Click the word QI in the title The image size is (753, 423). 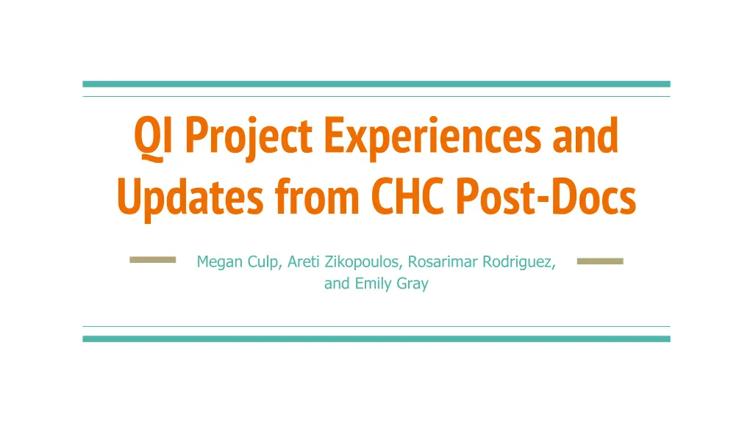pos(153,137)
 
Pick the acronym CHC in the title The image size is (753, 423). pos(407,196)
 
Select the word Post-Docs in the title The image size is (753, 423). pos(546,196)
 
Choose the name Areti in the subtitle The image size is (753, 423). pos(304,261)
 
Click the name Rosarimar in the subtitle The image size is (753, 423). pos(443,261)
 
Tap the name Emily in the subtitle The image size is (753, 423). pos(373,284)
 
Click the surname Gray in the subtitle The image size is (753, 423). pos(413,284)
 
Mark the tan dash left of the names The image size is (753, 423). pos(153,260)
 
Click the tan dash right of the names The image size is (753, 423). pos(600,261)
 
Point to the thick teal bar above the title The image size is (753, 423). pos(376,84)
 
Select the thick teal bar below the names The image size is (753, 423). pos(376,339)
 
